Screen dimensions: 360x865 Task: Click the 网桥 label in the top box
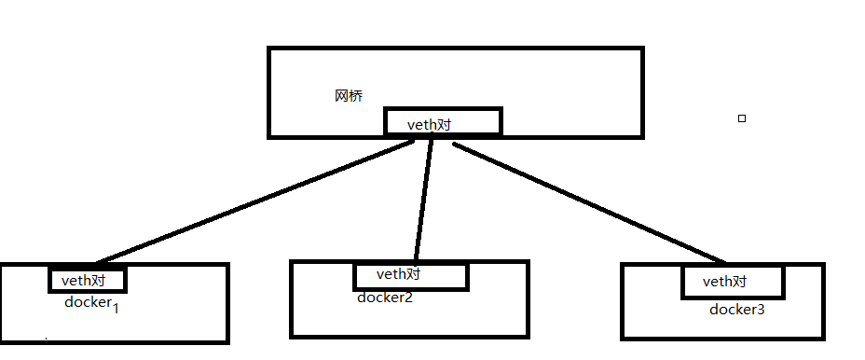(349, 96)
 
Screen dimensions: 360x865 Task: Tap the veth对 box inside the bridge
(444, 122)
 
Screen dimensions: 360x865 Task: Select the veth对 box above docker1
(87, 280)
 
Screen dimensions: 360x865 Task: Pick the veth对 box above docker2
(409, 275)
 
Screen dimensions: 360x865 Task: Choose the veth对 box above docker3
(726, 282)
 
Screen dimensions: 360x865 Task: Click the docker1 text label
(89, 302)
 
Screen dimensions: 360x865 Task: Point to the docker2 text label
(384, 298)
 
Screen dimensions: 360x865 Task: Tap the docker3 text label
(736, 309)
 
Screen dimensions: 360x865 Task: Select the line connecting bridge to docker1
(252, 201)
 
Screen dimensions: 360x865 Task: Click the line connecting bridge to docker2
(423, 201)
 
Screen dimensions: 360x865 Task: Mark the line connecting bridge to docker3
(587, 201)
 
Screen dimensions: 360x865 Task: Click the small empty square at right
(742, 118)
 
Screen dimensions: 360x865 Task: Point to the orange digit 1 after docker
(116, 308)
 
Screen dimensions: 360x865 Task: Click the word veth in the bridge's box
(422, 124)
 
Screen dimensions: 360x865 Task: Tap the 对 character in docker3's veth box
(739, 282)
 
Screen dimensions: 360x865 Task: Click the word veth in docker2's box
(391, 275)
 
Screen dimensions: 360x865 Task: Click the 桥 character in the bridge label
(356, 96)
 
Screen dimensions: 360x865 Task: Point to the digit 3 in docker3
(761, 309)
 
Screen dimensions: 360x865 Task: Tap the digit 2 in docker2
(408, 298)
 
